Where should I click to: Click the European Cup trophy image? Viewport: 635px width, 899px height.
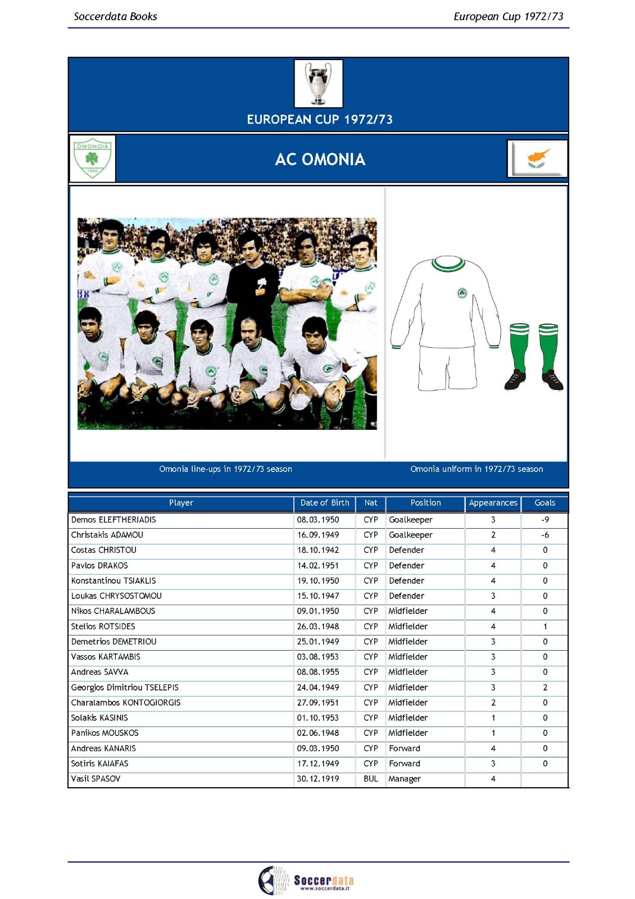[x=318, y=83]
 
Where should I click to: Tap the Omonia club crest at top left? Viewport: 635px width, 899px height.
[x=92, y=158]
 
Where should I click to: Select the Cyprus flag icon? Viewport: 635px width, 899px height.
[x=537, y=158]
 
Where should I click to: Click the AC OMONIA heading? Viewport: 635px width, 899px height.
[x=320, y=160]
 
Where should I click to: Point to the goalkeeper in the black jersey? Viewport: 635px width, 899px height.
[x=252, y=287]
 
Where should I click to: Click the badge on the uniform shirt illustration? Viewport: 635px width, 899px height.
[x=462, y=293]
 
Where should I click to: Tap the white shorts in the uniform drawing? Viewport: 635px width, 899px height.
[x=447, y=368]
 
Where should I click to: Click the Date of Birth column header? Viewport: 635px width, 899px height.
[x=324, y=503]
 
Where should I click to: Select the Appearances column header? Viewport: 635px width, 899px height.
[x=493, y=503]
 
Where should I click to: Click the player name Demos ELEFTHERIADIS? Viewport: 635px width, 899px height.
[x=114, y=520]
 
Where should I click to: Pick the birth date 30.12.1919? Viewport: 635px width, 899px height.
[x=318, y=779]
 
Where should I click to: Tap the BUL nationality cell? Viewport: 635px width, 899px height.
[x=370, y=779]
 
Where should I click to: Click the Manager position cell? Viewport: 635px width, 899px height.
[x=405, y=779]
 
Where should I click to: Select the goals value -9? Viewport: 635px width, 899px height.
[x=545, y=520]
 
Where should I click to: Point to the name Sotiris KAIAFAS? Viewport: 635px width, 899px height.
[x=99, y=764]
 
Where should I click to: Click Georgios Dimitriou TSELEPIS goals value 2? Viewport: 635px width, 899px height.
[x=545, y=687]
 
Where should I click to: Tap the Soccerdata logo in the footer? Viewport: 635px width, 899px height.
[x=306, y=880]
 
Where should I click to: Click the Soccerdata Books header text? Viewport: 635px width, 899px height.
[x=116, y=16]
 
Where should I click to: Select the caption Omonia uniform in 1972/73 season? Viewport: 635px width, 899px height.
[x=477, y=469]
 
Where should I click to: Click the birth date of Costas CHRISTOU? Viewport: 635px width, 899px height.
[x=318, y=550]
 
